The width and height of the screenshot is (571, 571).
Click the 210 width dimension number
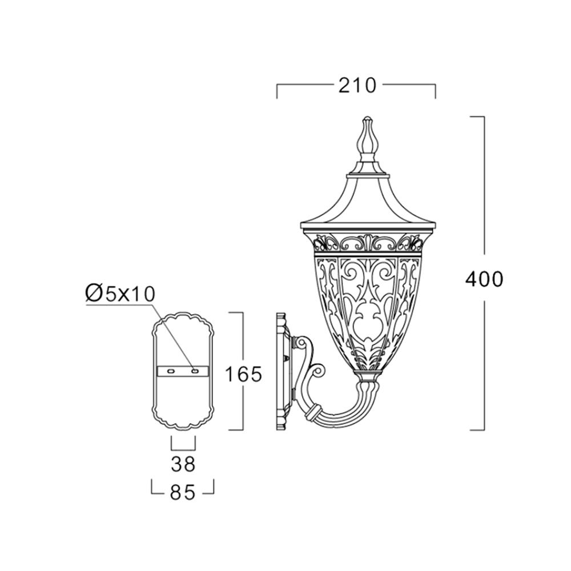357,86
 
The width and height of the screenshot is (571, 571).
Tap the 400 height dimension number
484,280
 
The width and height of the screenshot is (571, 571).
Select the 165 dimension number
243,374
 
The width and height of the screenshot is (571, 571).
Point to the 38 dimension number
183,464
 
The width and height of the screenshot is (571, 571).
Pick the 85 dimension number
183,493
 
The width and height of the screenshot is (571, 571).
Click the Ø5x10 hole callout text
120,293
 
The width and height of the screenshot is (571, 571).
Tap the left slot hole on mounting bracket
170,371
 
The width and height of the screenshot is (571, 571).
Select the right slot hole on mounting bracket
195,371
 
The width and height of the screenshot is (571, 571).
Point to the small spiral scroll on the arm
318,372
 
